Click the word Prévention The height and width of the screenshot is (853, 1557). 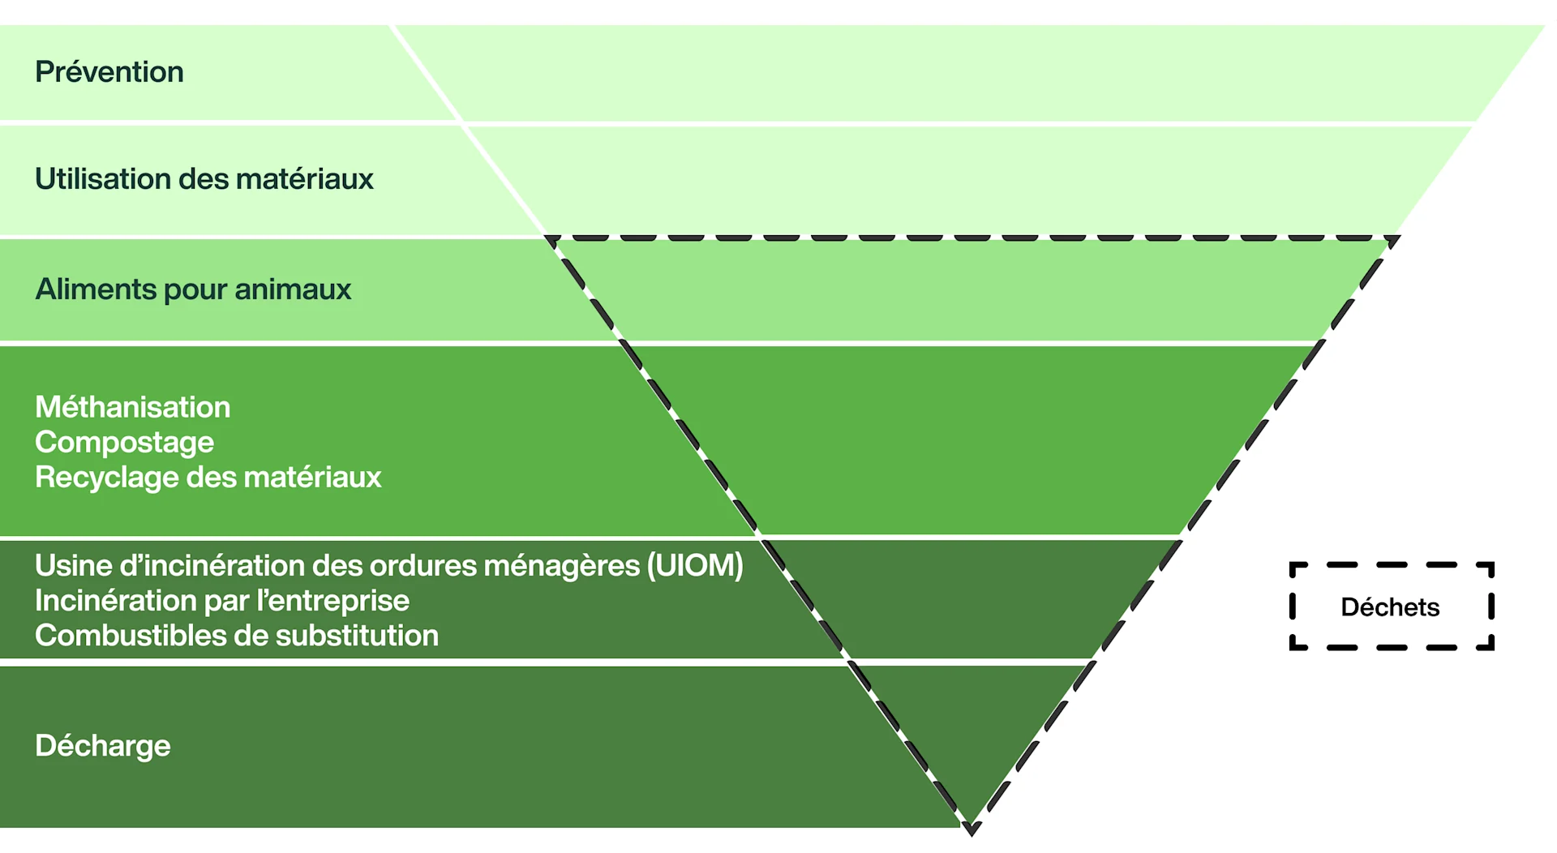pos(109,72)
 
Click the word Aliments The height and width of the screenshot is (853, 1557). pos(96,289)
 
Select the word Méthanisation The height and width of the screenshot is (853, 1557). pos(133,407)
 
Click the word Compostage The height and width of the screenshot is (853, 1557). pos(125,443)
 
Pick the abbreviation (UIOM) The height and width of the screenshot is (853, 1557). pos(695,566)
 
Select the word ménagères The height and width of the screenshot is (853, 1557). pos(562,566)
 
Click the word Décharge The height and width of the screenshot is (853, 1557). pos(103,746)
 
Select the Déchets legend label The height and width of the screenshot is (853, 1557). pos(1390,607)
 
